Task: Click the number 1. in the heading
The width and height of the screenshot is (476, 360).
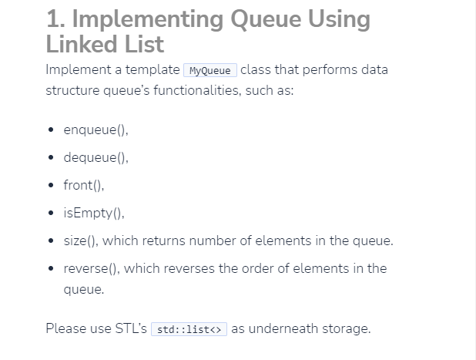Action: click(56, 19)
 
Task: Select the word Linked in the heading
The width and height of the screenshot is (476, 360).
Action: click(85, 43)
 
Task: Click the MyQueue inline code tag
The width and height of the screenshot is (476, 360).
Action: click(210, 70)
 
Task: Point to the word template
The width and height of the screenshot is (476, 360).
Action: click(148, 69)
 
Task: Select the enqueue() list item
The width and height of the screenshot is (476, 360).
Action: click(96, 130)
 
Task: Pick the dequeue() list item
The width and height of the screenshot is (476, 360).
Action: click(96, 158)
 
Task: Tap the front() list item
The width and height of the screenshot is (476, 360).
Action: click(83, 185)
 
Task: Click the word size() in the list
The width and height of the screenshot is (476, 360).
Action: click(81, 241)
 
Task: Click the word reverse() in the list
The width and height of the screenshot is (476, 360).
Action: click(90, 268)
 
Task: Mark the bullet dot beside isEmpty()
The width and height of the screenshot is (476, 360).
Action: click(50, 214)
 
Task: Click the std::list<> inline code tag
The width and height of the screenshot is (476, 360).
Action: click(189, 329)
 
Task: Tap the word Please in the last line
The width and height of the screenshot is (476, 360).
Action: click(65, 328)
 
